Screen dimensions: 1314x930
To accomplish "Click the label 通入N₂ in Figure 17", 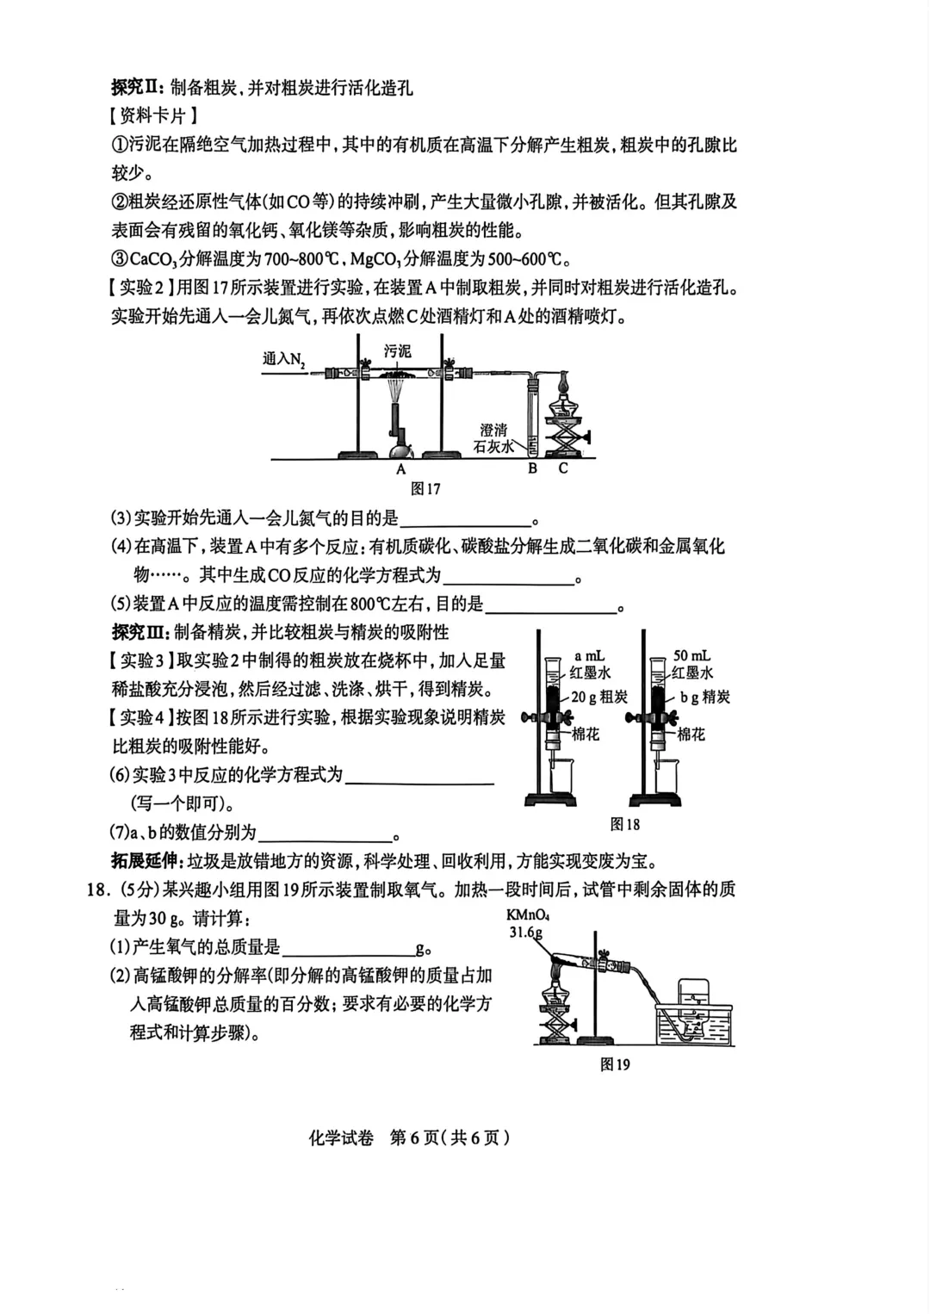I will point(284,359).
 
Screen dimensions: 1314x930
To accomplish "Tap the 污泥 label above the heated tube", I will point(397,351).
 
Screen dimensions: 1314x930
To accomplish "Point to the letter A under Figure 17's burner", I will point(400,469).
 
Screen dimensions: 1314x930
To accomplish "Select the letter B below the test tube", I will point(532,468).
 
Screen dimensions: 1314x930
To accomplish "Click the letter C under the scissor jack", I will point(563,468).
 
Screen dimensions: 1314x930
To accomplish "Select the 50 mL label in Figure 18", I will point(692,656).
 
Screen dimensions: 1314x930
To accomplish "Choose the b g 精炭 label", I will point(704,697).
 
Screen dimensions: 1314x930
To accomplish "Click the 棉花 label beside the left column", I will point(586,734).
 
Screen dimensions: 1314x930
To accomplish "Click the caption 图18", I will point(624,824).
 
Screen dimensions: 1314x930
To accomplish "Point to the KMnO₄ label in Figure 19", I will point(528,916).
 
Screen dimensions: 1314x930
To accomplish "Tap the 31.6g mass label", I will point(525,933).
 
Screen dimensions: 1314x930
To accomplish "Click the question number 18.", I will point(97,889).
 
